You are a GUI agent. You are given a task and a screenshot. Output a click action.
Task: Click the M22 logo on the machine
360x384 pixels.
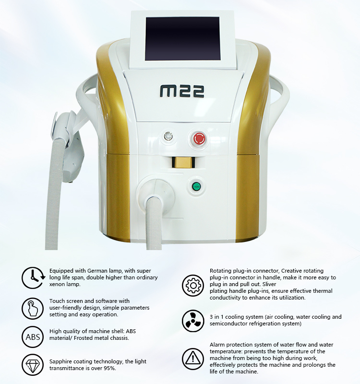coord(182,91)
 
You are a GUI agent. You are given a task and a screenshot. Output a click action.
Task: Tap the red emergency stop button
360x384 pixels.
coord(199,139)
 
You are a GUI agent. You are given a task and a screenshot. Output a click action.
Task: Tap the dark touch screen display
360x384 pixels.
coord(183,39)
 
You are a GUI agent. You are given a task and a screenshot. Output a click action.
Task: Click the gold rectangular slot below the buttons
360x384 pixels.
coord(183,162)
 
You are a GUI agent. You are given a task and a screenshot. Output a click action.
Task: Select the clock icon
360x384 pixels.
coord(33,278)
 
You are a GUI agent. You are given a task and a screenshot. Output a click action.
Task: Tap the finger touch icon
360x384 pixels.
coord(33,308)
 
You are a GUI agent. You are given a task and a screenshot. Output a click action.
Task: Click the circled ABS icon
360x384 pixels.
coord(33,337)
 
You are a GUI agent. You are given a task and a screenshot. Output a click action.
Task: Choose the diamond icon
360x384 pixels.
coord(33,365)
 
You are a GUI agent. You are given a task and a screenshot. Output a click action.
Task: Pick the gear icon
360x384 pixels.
coord(193,285)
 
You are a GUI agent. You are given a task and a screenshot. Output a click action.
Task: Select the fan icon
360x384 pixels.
coord(193,321)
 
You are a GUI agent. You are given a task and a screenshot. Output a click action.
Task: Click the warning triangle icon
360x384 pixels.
coord(193,359)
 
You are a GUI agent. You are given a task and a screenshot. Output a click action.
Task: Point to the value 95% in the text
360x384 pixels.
coord(109,368)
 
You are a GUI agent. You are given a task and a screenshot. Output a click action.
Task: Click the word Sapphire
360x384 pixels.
coord(60,362)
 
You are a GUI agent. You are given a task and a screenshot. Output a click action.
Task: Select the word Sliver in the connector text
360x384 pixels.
coord(270,284)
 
